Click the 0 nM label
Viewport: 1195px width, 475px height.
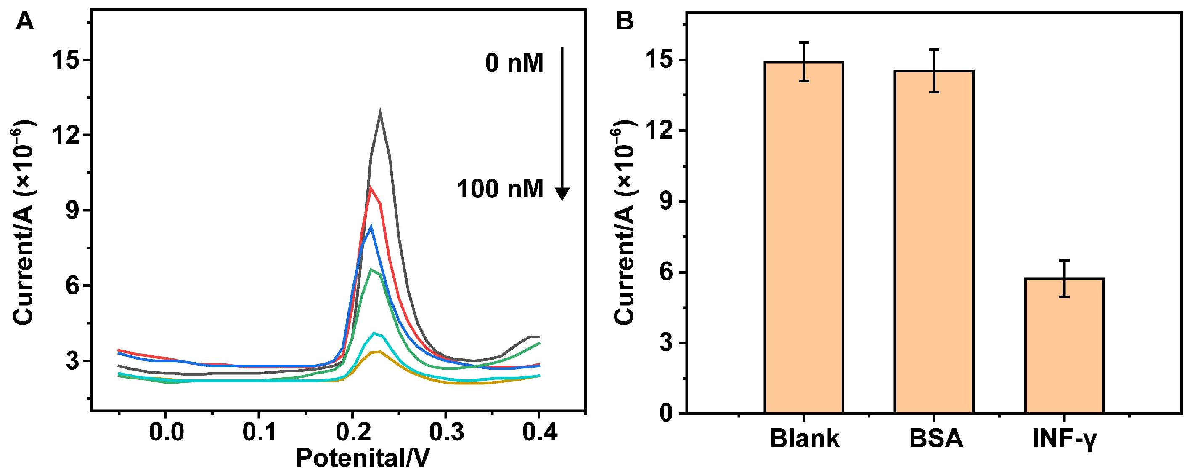(x=514, y=63)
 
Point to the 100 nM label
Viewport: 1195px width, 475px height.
(x=500, y=189)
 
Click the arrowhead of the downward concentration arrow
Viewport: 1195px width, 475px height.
(x=562, y=194)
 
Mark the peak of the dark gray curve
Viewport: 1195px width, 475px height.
(x=380, y=113)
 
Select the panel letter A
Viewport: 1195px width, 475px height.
(x=24, y=21)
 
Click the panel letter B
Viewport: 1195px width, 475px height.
(x=625, y=21)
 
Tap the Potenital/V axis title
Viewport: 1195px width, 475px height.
(x=363, y=458)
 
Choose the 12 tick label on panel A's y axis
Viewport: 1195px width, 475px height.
(x=64, y=136)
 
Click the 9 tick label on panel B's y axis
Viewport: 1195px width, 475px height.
(x=667, y=202)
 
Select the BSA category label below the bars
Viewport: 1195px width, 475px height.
(x=935, y=438)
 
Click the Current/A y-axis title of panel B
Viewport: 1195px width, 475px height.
(x=623, y=223)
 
